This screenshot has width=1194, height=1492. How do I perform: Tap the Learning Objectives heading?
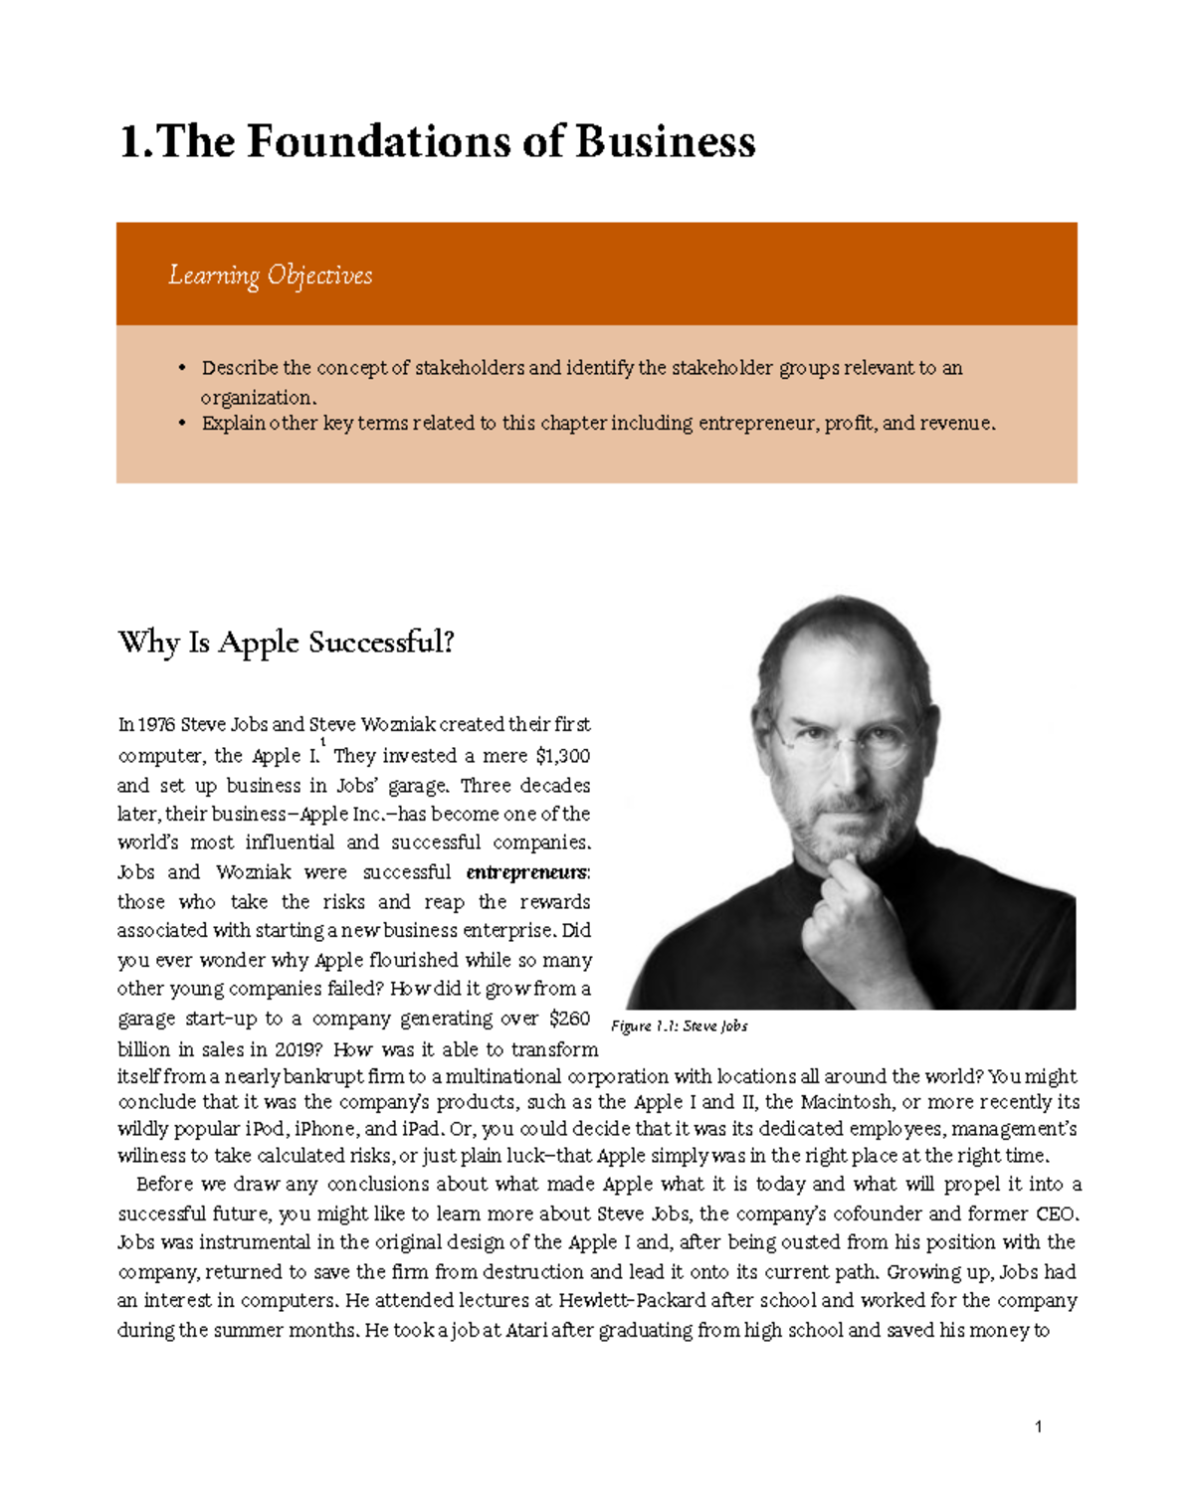tap(270, 276)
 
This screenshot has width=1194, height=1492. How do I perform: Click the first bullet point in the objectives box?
tap(182, 368)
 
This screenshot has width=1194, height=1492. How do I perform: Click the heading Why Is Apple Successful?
tap(286, 643)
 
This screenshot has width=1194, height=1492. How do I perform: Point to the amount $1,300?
tap(562, 756)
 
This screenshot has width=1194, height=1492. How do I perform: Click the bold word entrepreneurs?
tap(527, 872)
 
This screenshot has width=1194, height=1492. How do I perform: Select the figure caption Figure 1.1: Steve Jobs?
tap(679, 1026)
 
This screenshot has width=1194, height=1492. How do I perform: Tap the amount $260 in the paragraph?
tap(569, 1019)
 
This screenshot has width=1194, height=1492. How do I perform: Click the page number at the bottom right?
tap(1038, 1426)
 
